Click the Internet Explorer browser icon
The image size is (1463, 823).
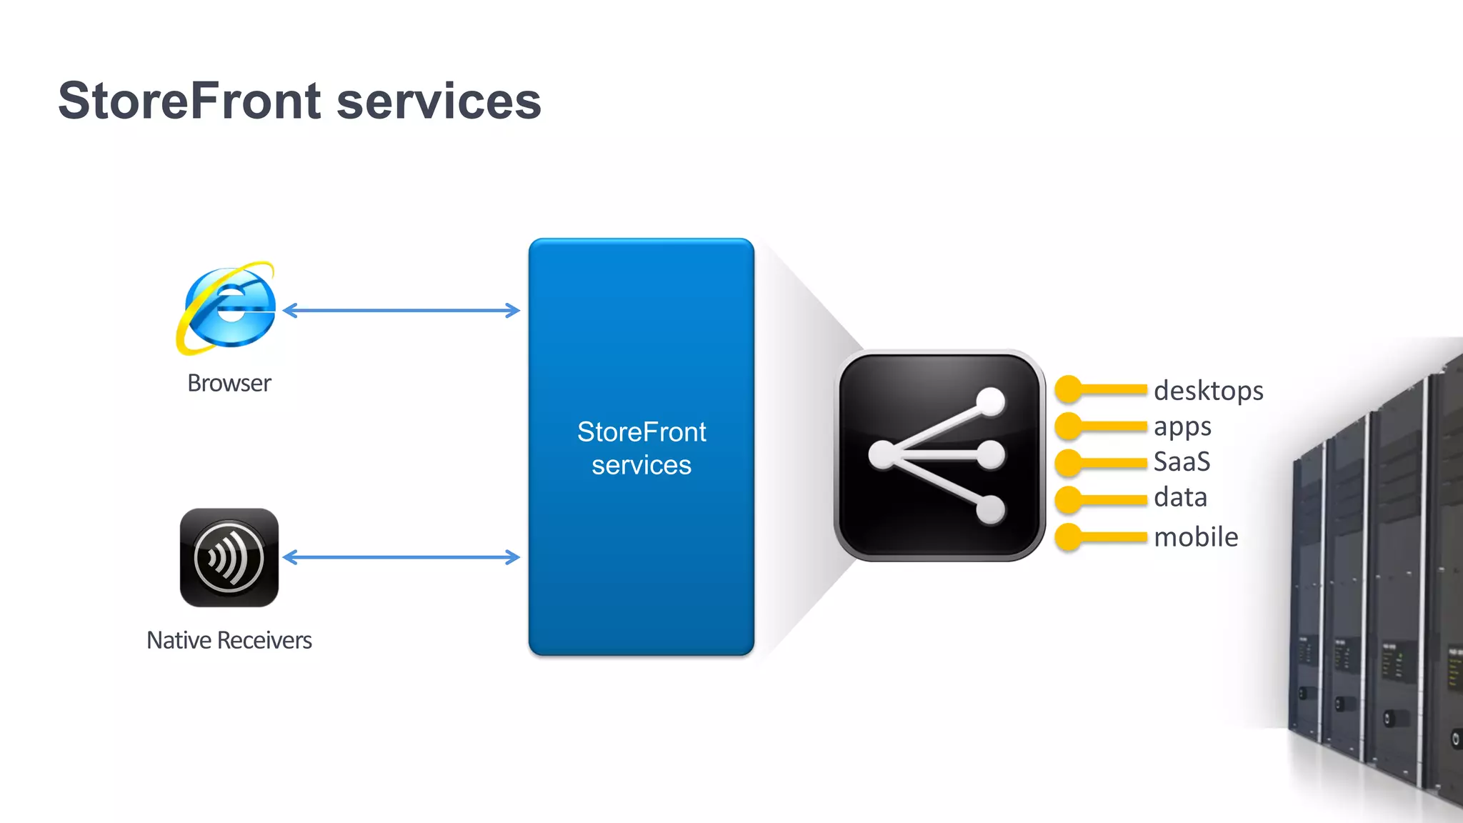pyautogui.click(x=228, y=309)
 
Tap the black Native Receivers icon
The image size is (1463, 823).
pyautogui.click(x=229, y=557)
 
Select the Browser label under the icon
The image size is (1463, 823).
pyautogui.click(x=229, y=384)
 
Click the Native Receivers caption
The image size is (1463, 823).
pyautogui.click(x=229, y=640)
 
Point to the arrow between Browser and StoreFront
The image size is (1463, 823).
pyautogui.click(x=401, y=310)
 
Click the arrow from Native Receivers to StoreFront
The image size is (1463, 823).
pyautogui.click(x=401, y=557)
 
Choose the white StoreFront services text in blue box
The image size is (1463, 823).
pyautogui.click(x=641, y=448)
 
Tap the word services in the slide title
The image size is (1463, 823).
pyautogui.click(x=439, y=101)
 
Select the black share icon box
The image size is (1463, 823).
pyautogui.click(x=939, y=456)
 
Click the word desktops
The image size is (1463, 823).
pyautogui.click(x=1209, y=391)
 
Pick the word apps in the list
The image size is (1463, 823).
pyautogui.click(x=1182, y=427)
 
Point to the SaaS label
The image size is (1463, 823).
pyautogui.click(x=1182, y=462)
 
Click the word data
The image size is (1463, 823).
pyautogui.click(x=1180, y=497)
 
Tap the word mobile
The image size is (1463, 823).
pyautogui.click(x=1196, y=537)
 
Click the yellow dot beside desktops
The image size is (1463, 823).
pyautogui.click(x=1069, y=389)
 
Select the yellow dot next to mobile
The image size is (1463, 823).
pyautogui.click(x=1069, y=537)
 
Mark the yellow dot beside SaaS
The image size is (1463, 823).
pyautogui.click(x=1069, y=463)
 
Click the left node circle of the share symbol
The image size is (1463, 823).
pyautogui.click(x=882, y=455)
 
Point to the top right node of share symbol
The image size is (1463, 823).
pyautogui.click(x=990, y=401)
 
